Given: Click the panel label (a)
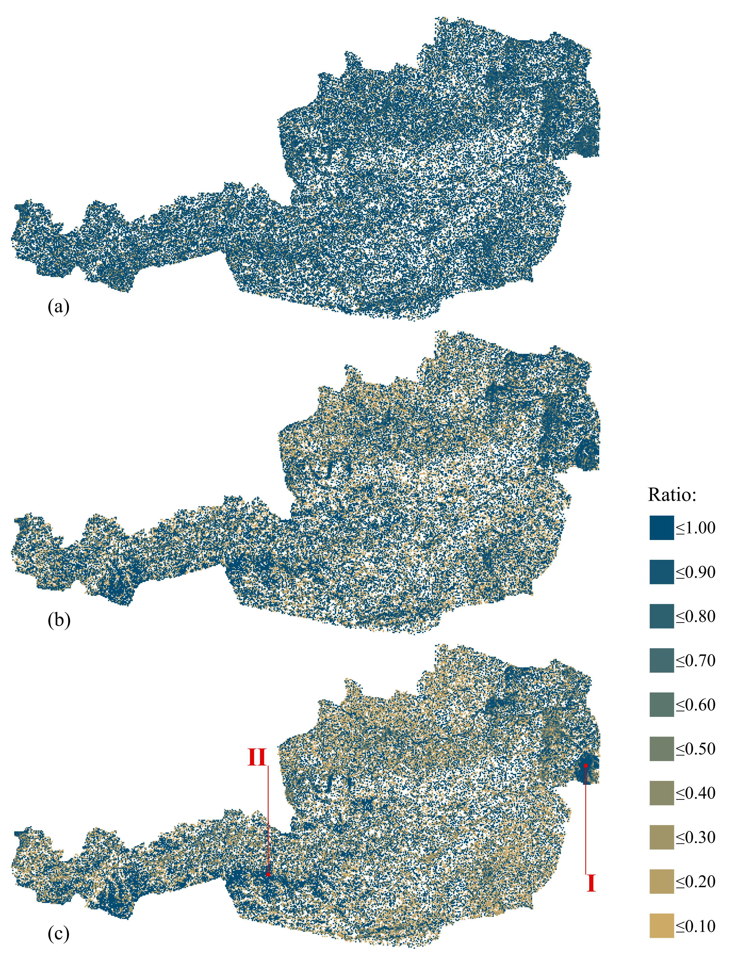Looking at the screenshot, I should pos(58,306).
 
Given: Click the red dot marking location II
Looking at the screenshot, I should pos(268,875).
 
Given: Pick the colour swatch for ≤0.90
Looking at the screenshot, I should pos(661,572).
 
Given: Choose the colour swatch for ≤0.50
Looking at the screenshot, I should pos(661,749).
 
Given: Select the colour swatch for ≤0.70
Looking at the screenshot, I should pos(661,660).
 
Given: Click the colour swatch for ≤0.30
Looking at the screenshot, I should pos(661,837).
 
